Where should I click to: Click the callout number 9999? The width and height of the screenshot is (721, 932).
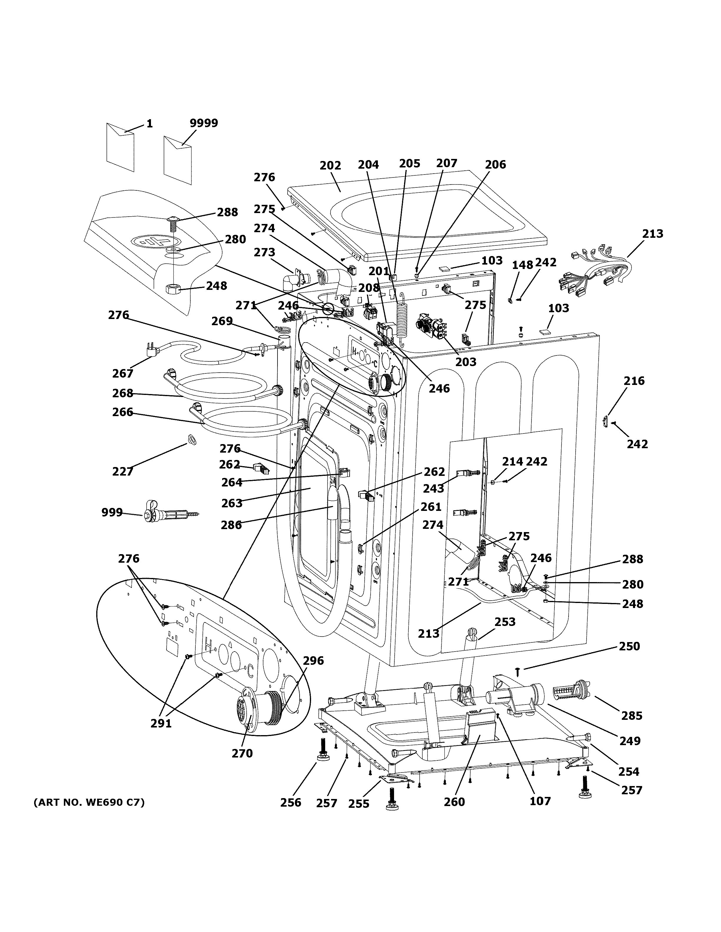click(x=204, y=123)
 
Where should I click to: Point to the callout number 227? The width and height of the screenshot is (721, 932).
click(x=123, y=471)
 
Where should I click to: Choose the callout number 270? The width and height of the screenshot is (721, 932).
click(x=242, y=753)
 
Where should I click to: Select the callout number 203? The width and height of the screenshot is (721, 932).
click(x=466, y=362)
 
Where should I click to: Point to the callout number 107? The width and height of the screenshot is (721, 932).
click(x=540, y=801)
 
